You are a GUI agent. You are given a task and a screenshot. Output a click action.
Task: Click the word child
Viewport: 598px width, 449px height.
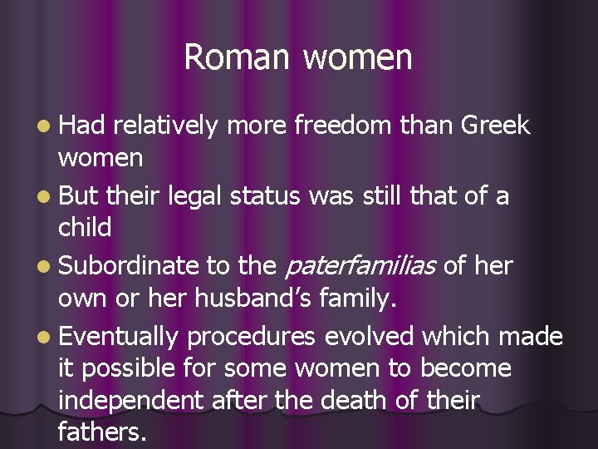tap(85, 227)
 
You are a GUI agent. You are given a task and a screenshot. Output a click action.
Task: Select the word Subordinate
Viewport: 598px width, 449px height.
tap(130, 266)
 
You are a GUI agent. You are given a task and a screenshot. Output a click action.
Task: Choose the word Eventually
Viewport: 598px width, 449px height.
tap(119, 336)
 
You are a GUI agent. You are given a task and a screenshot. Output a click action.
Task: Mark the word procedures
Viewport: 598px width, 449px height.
tap(252, 336)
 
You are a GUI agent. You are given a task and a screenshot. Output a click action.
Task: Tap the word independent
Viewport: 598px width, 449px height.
tap(130, 400)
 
